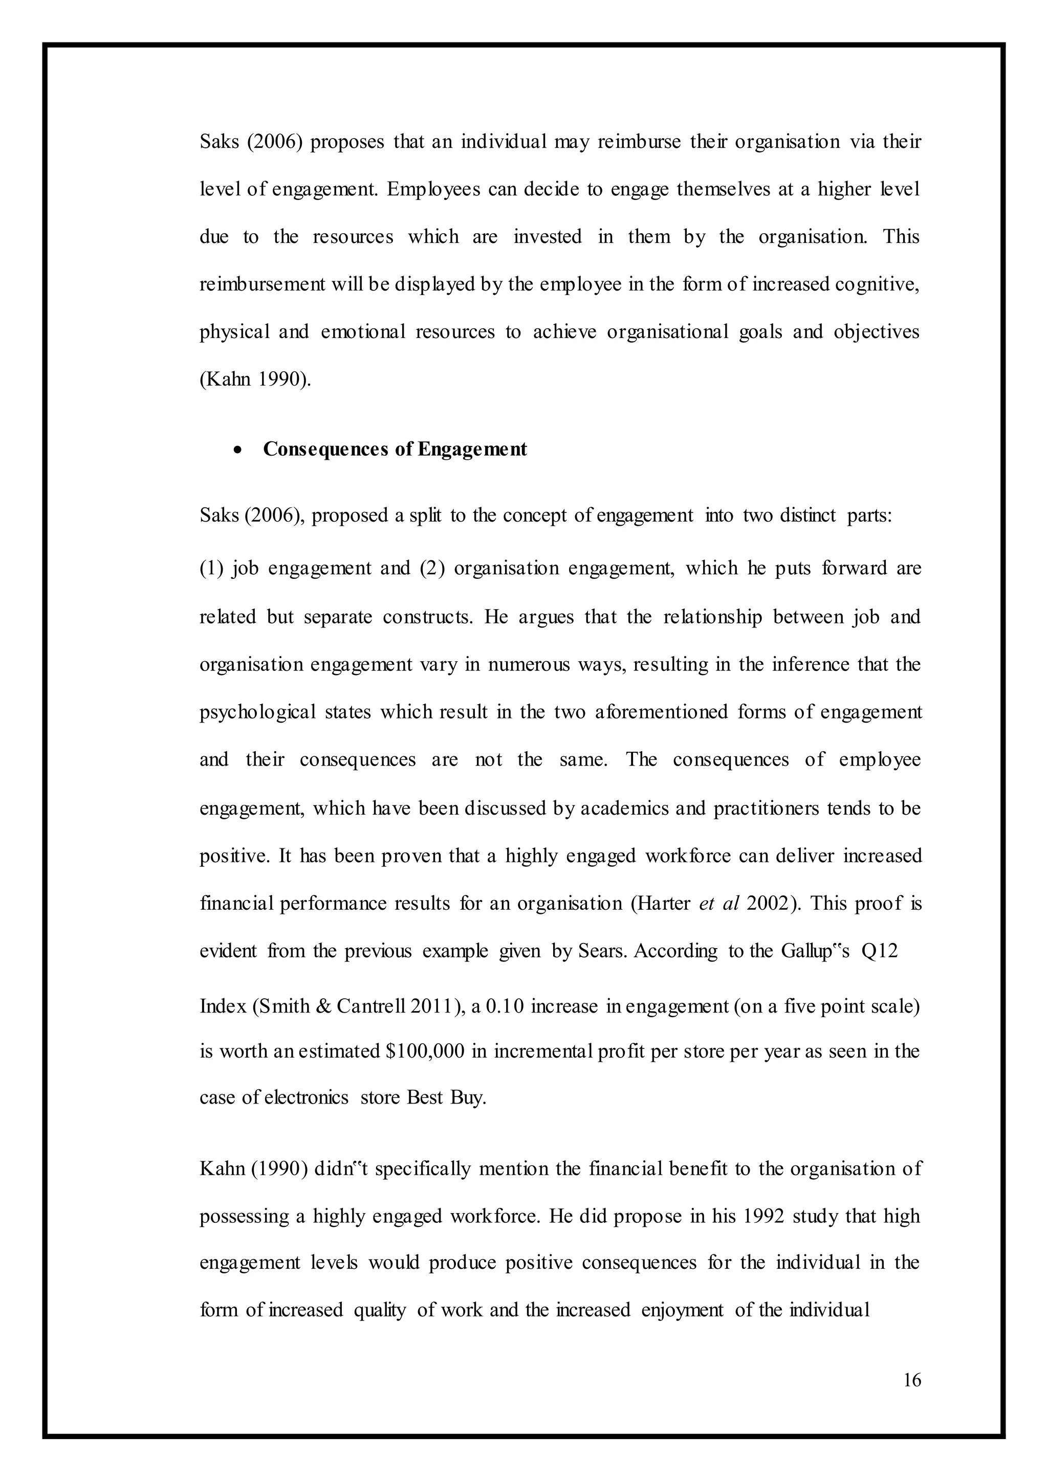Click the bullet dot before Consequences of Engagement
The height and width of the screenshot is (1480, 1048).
coord(239,450)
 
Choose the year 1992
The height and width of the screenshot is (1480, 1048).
coord(763,1216)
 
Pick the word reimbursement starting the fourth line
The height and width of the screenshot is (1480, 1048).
coord(262,284)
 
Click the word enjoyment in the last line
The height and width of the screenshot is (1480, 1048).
coord(682,1310)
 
